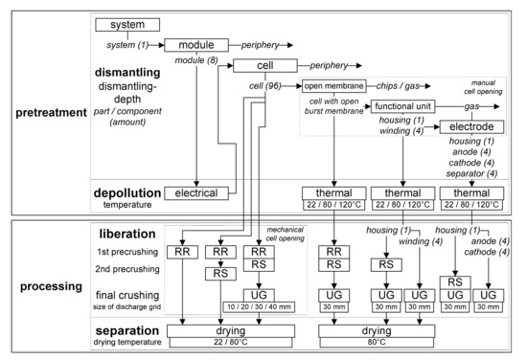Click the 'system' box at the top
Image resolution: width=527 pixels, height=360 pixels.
click(x=126, y=24)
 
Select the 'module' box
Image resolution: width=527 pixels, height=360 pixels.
click(x=196, y=45)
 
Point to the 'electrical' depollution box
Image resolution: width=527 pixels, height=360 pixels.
click(x=197, y=192)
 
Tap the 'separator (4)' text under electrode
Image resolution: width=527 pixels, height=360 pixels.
click(x=473, y=172)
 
